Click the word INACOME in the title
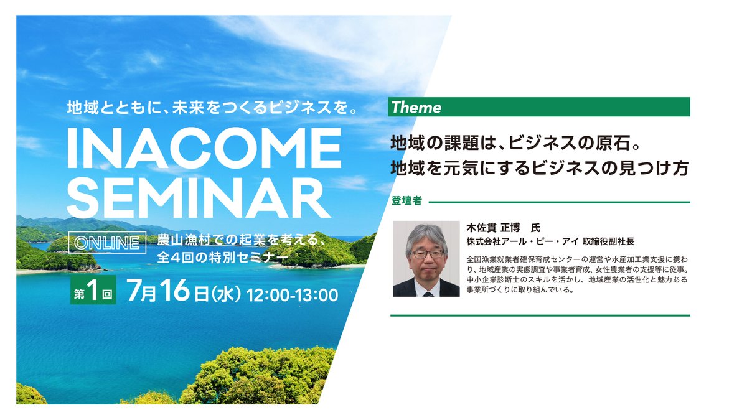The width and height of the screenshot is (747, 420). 204,149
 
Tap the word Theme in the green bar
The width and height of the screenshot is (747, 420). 416,107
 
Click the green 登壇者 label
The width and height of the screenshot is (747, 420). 407,202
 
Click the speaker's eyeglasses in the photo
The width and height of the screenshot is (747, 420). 427,253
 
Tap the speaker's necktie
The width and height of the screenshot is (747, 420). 427,290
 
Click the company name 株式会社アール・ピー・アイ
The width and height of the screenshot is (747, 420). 522,241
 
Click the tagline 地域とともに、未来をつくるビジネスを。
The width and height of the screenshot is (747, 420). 214,107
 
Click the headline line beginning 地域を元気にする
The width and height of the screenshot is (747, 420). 539,168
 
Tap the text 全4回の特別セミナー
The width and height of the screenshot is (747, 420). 222,256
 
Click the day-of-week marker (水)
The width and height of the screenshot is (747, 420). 226,294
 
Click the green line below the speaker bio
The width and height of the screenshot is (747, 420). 540,315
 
